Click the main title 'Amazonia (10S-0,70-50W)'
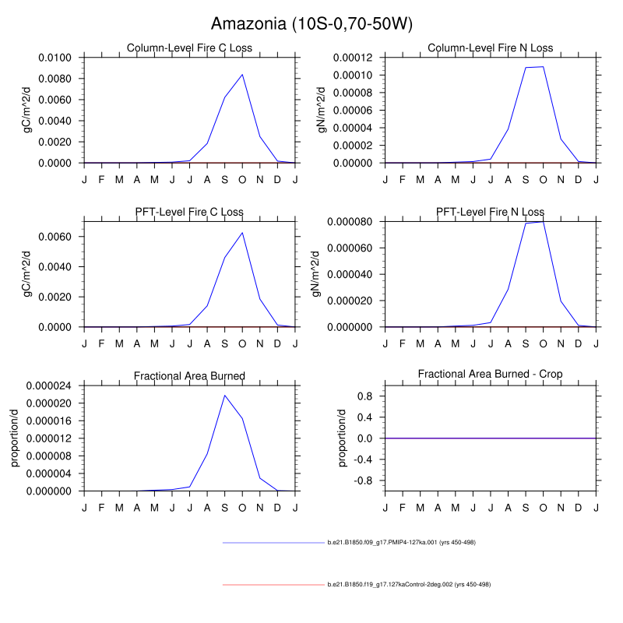(311, 24)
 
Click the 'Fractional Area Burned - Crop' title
(490, 375)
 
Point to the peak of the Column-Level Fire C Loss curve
(242, 75)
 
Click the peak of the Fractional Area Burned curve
(224, 396)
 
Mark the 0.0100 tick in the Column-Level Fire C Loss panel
(55, 58)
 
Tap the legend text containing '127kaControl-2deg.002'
(409, 584)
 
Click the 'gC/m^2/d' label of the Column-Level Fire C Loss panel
(27, 110)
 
